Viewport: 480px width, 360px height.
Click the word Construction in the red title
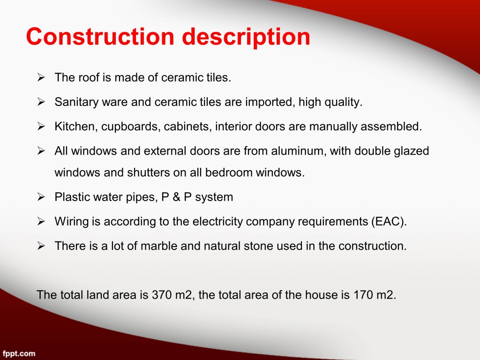coord(100,37)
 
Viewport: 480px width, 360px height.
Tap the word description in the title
coord(246,38)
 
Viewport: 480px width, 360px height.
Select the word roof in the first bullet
coord(89,77)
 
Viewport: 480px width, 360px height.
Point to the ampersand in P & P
coord(176,197)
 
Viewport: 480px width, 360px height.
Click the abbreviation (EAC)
coord(389,222)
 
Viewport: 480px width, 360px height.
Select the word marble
coord(159,246)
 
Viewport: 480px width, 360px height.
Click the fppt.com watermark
coord(19,354)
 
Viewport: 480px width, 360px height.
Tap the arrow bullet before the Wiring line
coord(41,221)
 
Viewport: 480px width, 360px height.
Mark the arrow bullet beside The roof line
coord(41,77)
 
